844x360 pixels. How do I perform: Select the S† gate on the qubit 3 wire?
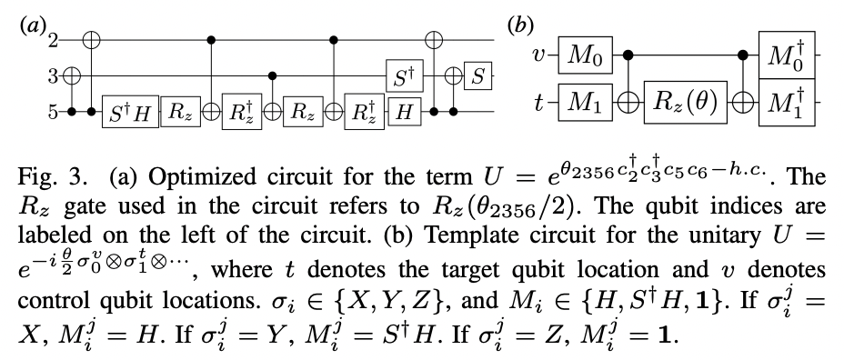pyautogui.click(x=397, y=78)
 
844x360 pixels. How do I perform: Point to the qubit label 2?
pyautogui.click(x=54, y=40)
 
